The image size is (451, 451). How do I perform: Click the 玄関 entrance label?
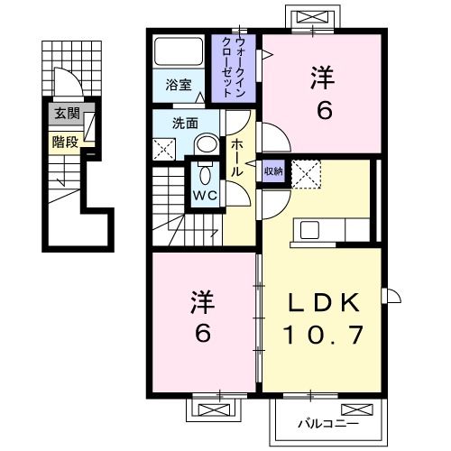[66, 114]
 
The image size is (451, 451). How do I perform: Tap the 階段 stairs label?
[66, 141]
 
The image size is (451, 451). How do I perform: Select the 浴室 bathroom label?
[179, 86]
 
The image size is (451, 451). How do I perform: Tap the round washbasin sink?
[207, 144]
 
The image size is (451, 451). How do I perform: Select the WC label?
[202, 194]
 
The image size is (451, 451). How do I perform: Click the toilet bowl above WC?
[203, 173]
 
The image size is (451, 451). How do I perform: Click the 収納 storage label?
[273, 170]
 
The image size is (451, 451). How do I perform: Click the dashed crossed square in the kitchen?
[307, 173]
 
